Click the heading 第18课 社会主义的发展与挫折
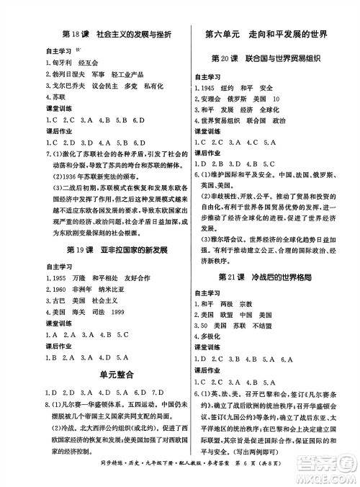coord(116,34)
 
